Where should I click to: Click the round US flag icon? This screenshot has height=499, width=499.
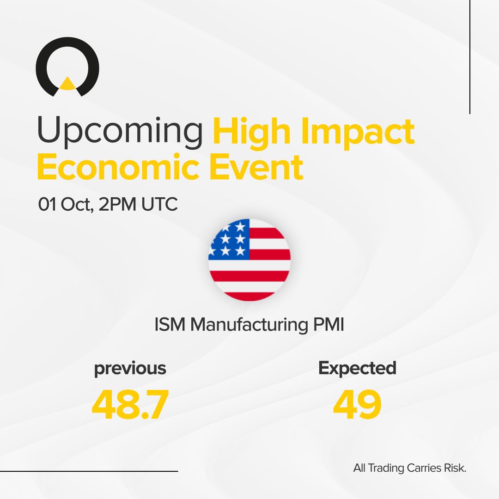point(249,260)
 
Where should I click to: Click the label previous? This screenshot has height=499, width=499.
point(130,368)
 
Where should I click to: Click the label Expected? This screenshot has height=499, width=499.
point(357,368)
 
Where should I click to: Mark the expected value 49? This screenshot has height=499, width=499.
point(357,404)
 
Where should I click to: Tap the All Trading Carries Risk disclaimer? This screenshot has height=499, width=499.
point(409,468)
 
